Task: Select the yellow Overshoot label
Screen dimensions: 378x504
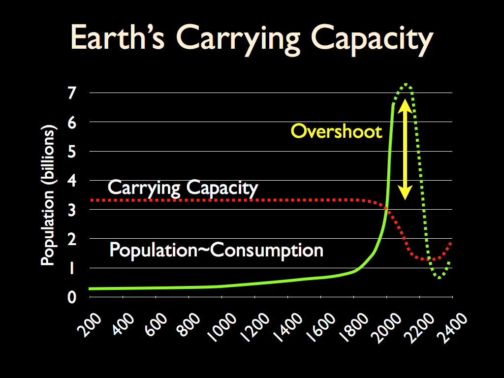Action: [x=336, y=131]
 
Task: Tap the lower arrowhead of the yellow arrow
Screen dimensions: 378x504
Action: [x=405, y=194]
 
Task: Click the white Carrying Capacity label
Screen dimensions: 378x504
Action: [x=183, y=188]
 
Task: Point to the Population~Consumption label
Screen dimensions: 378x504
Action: [x=216, y=250]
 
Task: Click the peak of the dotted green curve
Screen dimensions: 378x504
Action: [x=407, y=85]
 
